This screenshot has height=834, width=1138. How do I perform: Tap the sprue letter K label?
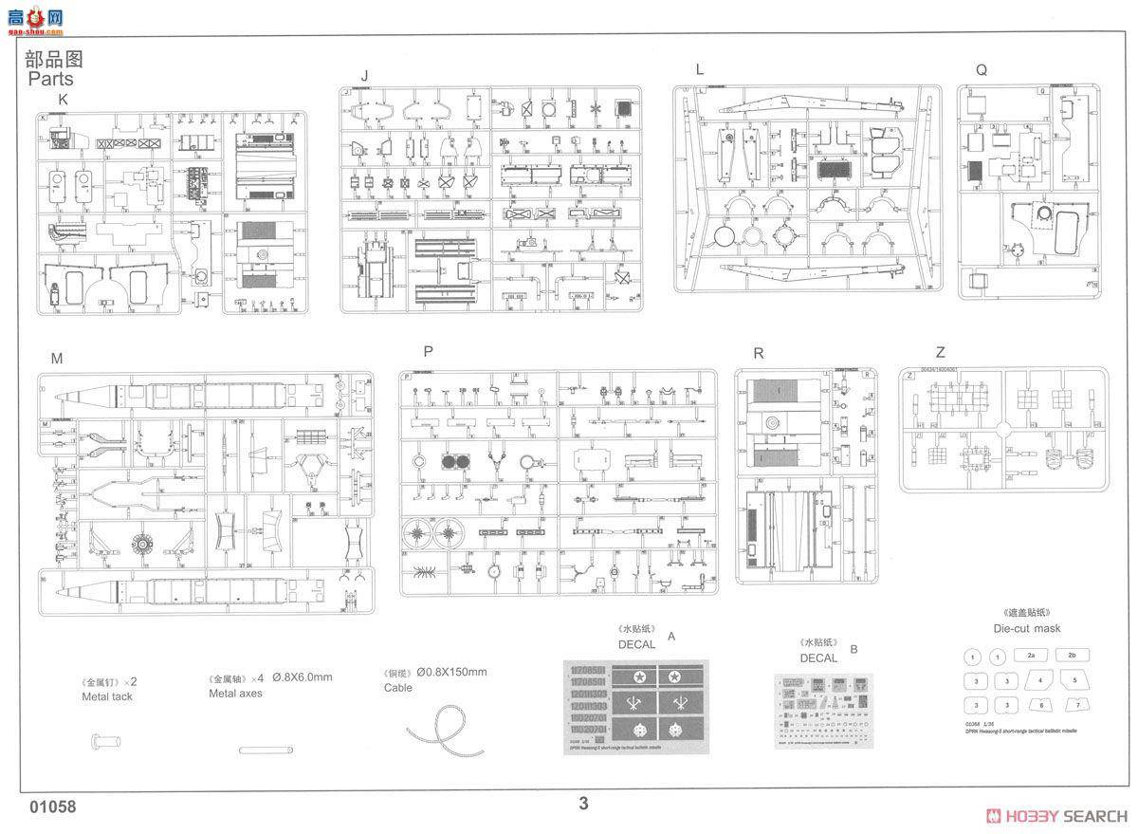[x=63, y=100]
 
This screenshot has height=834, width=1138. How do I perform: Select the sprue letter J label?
[x=363, y=76]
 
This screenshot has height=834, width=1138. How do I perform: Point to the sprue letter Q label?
[x=981, y=70]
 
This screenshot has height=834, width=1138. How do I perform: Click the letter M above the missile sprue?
[x=57, y=358]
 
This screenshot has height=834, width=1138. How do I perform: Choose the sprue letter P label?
[x=429, y=351]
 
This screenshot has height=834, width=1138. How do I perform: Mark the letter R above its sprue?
[x=758, y=353]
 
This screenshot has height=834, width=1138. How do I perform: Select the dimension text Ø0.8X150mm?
[x=450, y=673]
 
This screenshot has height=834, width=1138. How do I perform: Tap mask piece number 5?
[x=1074, y=680]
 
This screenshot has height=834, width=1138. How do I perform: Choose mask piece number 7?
[x=1074, y=705]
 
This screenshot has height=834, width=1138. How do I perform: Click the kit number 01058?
[x=52, y=807]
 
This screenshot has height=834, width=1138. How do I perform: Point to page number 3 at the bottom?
[x=583, y=804]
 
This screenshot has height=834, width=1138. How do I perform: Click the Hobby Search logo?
[x=1056, y=816]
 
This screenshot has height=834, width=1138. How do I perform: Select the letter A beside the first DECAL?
[x=671, y=637]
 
